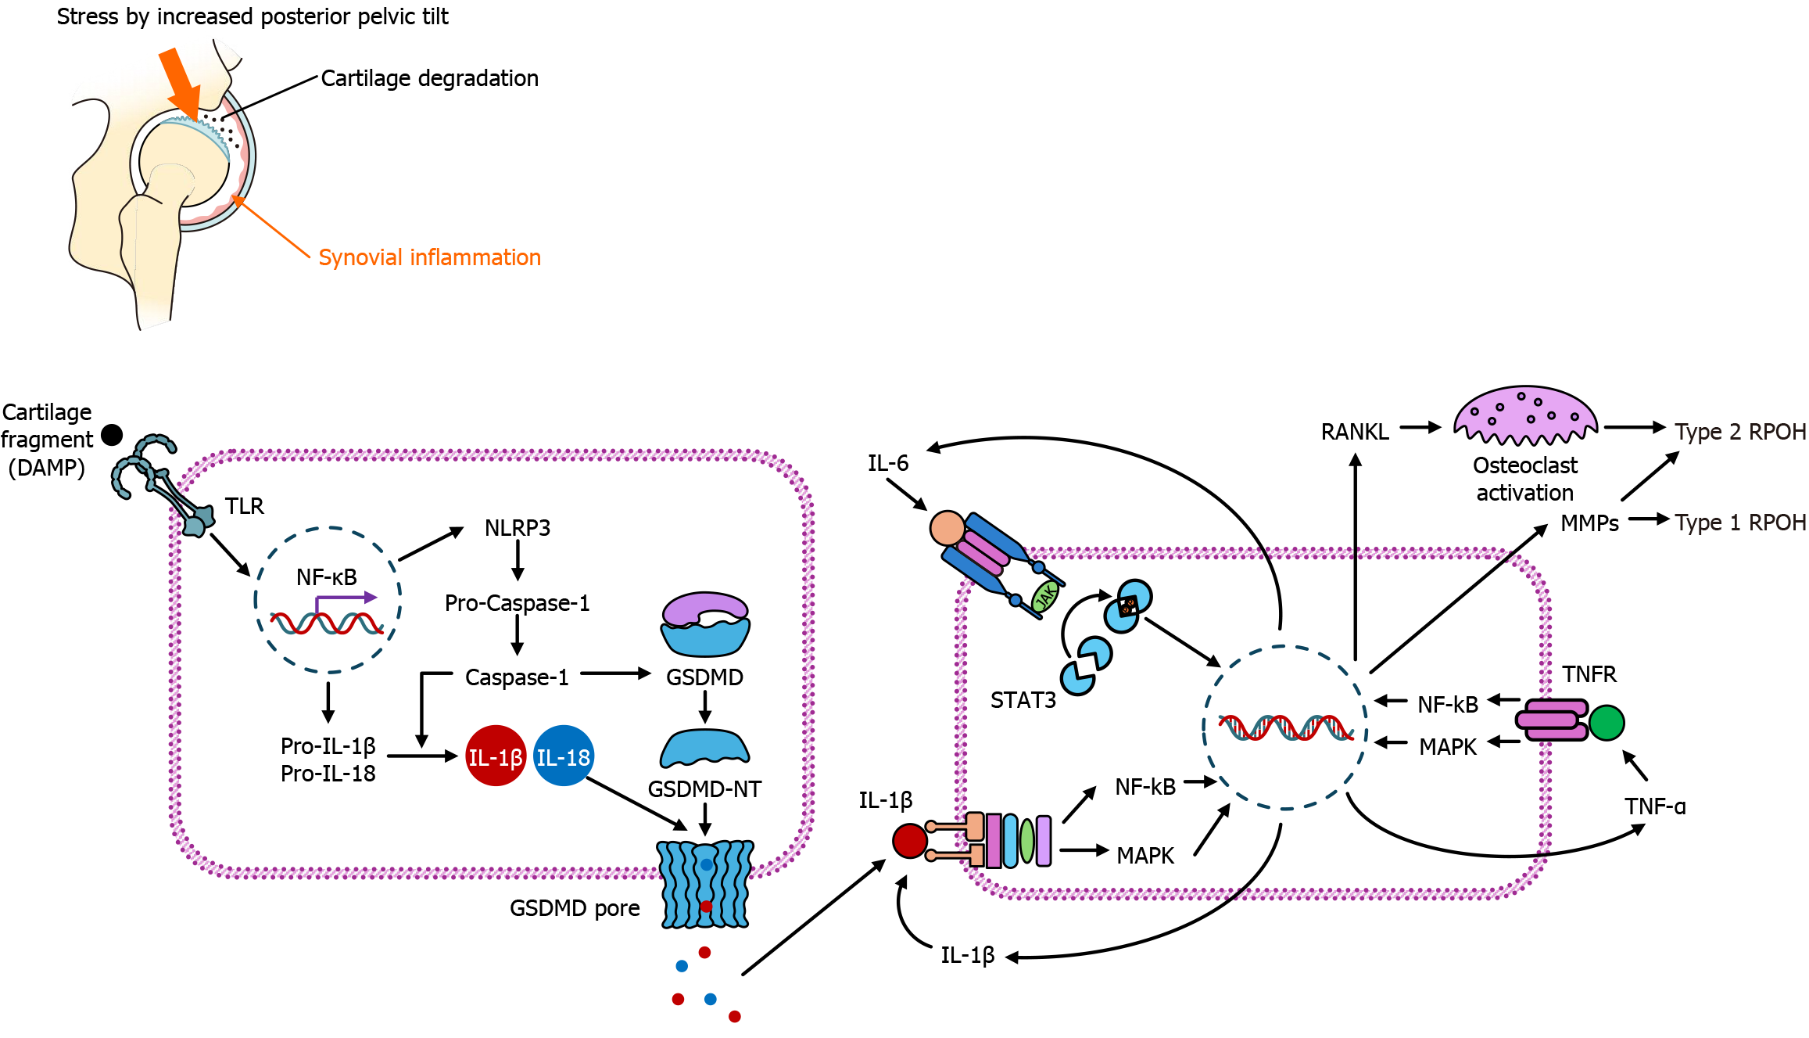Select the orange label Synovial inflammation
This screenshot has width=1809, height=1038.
pos(429,257)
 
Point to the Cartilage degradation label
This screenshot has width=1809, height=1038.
pos(429,78)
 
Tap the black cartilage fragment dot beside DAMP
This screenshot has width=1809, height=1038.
pos(113,435)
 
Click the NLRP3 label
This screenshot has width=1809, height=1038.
pos(517,528)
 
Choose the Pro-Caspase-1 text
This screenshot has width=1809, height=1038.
pos(517,603)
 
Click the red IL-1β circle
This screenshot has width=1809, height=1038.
pos(495,756)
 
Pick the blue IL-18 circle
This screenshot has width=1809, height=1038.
pos(563,756)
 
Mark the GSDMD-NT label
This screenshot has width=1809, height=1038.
pos(704,789)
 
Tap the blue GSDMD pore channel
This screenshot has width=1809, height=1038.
pos(705,884)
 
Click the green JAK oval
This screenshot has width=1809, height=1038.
pos(1045,596)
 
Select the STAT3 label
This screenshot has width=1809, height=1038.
pos(1023,700)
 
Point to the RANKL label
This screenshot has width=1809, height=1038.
pos(1355,432)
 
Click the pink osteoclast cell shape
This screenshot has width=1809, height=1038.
pos(1524,415)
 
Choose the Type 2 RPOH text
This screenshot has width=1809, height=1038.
pos(1740,432)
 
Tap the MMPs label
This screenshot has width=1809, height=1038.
pos(1589,523)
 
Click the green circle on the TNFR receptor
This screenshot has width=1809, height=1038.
pos(1607,722)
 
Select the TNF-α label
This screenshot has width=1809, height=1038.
pos(1655,806)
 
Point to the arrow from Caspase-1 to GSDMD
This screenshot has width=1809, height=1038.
pos(616,673)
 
